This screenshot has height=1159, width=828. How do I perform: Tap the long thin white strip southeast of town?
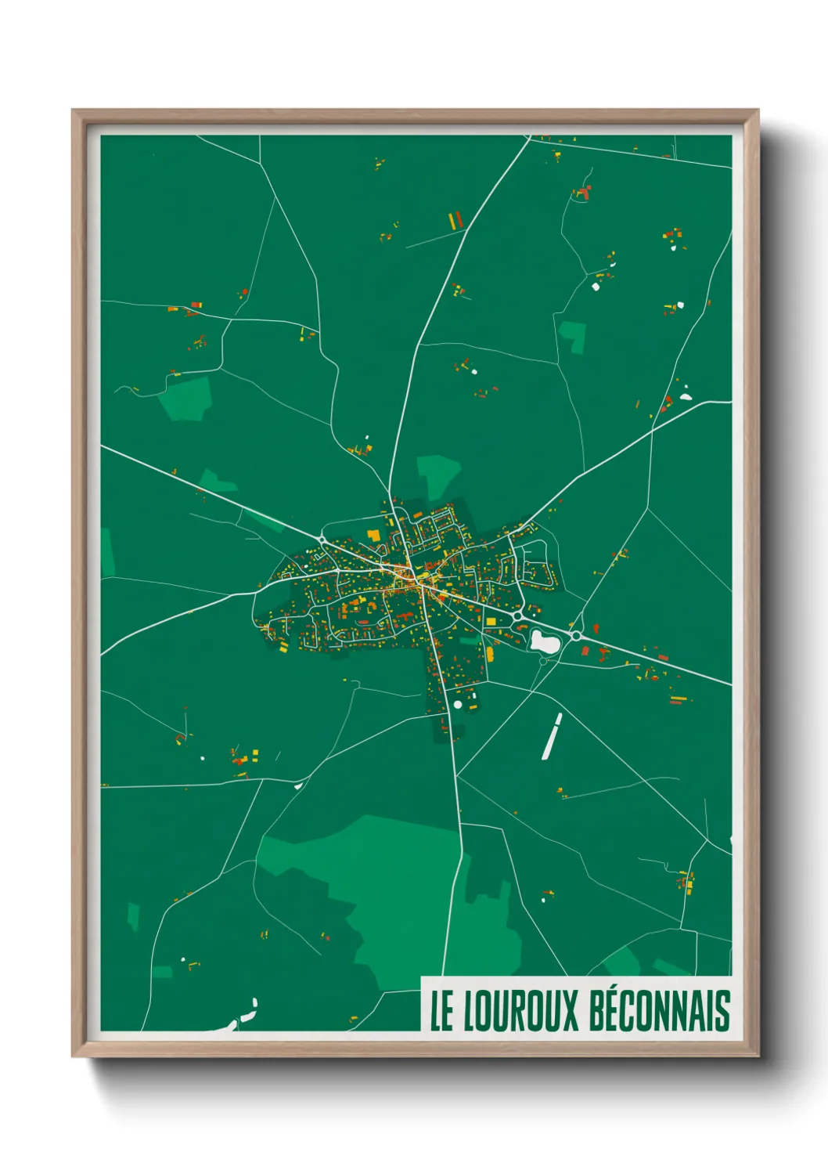point(552,736)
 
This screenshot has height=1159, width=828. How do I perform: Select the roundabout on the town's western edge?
point(322,540)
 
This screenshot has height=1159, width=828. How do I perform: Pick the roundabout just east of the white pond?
point(576,636)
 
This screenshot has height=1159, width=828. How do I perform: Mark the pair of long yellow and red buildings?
point(455,220)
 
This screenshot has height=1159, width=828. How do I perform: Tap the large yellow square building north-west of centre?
point(374,535)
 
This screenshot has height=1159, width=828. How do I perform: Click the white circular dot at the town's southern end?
point(458,705)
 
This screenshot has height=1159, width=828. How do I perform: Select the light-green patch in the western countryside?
point(186,398)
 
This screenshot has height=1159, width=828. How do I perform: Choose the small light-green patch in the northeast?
point(574,335)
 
